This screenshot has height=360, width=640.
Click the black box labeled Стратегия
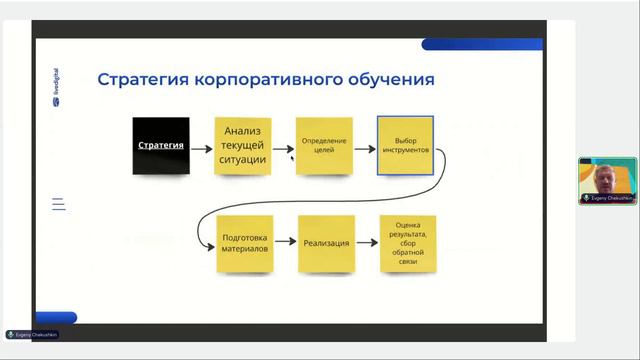161,146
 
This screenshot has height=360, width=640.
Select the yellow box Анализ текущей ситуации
243,146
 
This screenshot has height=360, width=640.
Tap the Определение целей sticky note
323,146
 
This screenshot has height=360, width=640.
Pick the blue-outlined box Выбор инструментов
405,146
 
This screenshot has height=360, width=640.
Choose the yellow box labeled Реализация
326,243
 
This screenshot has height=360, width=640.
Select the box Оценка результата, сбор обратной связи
408,243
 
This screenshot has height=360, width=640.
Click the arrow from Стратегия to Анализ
201,147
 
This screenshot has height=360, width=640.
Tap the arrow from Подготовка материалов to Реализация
284,243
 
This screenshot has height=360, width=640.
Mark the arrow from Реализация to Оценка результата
366,243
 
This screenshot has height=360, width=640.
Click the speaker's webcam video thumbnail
607,176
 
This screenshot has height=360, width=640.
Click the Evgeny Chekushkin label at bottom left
32,334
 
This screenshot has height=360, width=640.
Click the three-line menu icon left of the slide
58,204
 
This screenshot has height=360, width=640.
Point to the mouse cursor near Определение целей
292,157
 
